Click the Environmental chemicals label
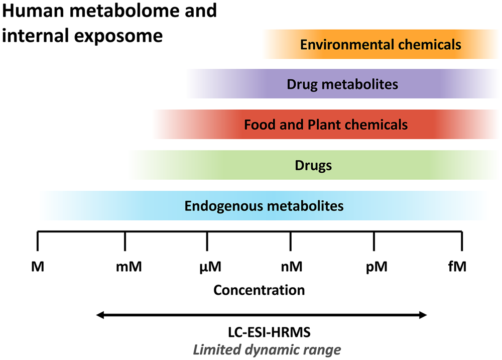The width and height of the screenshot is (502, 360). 381,44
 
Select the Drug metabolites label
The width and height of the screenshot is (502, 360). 342,84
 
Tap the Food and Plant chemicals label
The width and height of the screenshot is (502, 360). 326,124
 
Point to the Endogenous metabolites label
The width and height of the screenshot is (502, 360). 264,205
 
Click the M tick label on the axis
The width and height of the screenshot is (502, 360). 38,266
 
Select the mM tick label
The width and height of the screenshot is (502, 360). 129,266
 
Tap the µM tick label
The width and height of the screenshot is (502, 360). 207,266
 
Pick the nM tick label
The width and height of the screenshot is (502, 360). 291,266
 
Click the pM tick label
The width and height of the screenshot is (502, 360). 376,266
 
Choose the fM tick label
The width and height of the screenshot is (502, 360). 457,266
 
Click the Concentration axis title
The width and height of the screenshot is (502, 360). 259,290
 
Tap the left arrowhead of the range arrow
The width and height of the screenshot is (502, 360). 100,315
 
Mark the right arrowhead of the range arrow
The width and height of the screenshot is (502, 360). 423,315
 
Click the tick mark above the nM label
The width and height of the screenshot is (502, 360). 291,241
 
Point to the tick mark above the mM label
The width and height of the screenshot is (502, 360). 124,241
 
